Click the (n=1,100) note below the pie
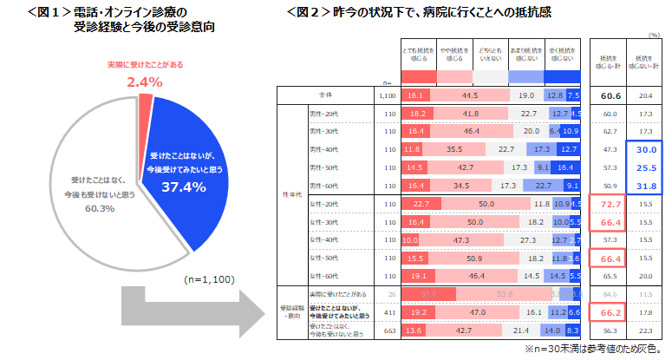[207, 280]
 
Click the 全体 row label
[326, 95]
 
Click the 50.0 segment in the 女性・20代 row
[486, 204]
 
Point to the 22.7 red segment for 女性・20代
[421, 204]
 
